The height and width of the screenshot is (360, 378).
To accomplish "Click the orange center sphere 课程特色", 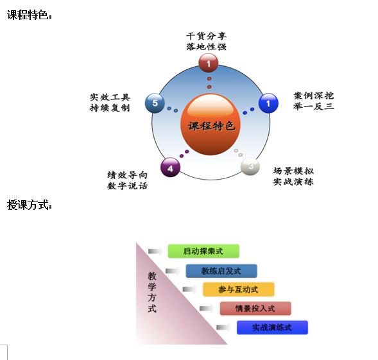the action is tap(210, 124).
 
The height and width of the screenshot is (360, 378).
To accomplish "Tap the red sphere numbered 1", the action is tap(209, 63).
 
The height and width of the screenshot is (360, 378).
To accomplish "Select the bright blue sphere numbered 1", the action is tap(268, 103).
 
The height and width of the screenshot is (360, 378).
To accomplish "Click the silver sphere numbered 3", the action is tap(250, 166).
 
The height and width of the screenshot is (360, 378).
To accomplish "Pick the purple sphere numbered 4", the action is tap(170, 167).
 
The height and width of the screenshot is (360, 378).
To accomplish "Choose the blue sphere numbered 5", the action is tap(155, 103).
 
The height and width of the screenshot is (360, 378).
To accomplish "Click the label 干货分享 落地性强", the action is tap(207, 41).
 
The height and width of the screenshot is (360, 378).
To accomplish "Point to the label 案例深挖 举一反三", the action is tap(314, 101).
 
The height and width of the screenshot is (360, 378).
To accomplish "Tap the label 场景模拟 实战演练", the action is tap(293, 176).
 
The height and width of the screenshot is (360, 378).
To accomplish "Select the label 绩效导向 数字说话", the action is tap(127, 180).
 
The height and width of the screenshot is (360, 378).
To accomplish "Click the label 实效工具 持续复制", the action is tap(110, 103).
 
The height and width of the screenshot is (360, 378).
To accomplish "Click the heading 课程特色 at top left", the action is tap(30, 15).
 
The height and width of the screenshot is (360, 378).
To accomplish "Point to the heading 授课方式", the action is tap(30, 205).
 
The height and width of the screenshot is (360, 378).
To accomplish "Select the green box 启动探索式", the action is tap(203, 251).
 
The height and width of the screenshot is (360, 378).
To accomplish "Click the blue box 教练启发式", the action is tap(221, 271).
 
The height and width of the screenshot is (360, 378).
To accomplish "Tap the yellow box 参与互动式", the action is tap(239, 289).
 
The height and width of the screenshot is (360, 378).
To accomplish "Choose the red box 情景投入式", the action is tap(255, 309).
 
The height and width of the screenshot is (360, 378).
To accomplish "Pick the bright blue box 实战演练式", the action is tap(272, 327).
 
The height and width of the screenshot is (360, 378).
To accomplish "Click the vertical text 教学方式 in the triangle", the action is tap(152, 292).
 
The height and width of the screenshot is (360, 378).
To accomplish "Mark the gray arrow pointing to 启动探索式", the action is tap(155, 252).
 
